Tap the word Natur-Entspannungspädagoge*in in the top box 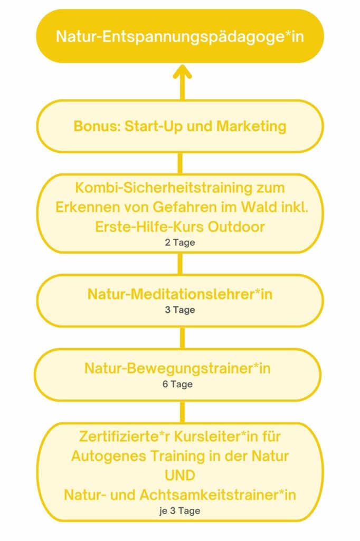[x=180, y=36]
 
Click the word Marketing [x=251, y=126]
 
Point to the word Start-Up [x=154, y=127]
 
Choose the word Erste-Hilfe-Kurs [x=150, y=227]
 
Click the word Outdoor [x=236, y=227]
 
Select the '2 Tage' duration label [x=180, y=242]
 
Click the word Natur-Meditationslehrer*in [x=180, y=294]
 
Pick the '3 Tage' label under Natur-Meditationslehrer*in [x=180, y=310]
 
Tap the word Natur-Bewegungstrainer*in [x=177, y=368]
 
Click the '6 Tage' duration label [x=177, y=384]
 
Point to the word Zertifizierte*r [x=125, y=436]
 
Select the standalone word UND [x=180, y=475]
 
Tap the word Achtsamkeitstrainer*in [x=218, y=495]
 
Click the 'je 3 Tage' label [x=180, y=511]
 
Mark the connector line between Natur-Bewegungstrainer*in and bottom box [x=183, y=412]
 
